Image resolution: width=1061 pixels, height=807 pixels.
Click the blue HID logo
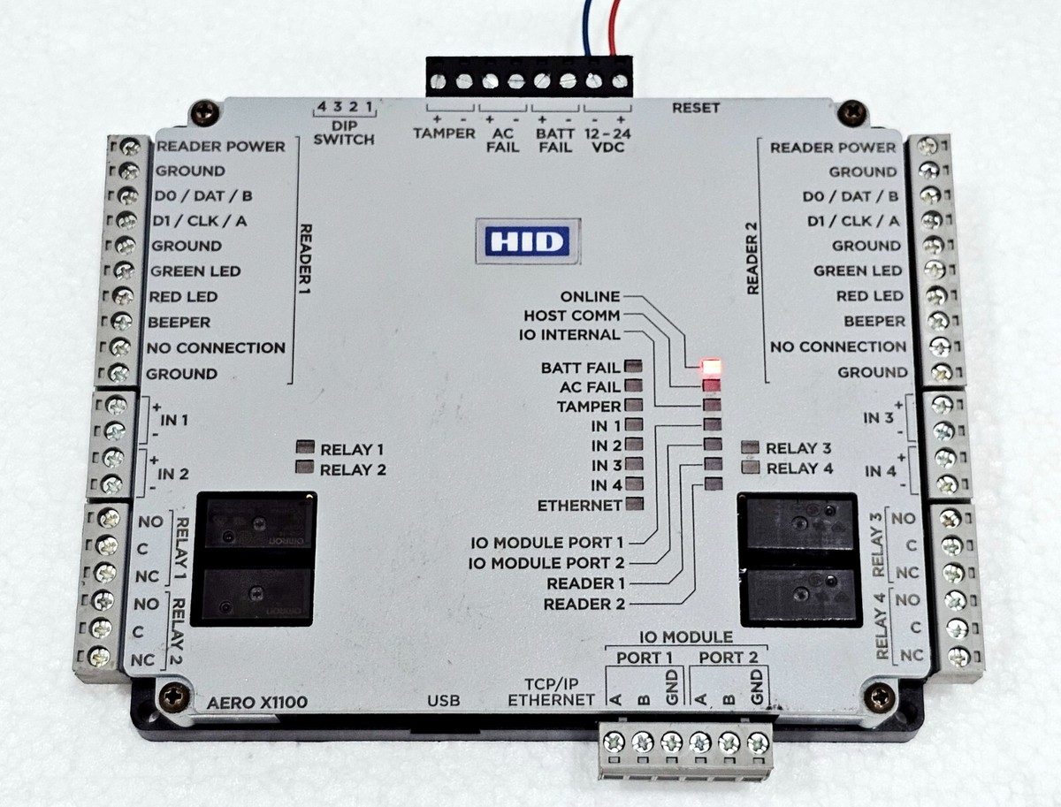pos(527,240)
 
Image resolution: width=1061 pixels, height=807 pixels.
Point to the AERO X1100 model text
pos(256,704)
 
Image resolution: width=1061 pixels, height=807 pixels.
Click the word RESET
pos(696,108)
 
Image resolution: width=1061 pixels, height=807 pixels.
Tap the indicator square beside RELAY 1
pos(305,448)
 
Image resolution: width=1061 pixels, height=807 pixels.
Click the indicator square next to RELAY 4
pos(752,468)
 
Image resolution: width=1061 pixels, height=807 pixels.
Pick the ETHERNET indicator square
pos(634,505)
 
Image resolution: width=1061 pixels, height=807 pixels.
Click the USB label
pos(444,701)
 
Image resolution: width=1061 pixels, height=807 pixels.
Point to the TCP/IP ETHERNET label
pos(551,691)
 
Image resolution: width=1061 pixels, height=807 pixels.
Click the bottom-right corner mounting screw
pos(880,697)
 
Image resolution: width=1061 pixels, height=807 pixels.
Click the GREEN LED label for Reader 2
pos(859,270)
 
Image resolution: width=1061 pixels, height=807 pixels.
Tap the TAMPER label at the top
pos(444,133)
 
